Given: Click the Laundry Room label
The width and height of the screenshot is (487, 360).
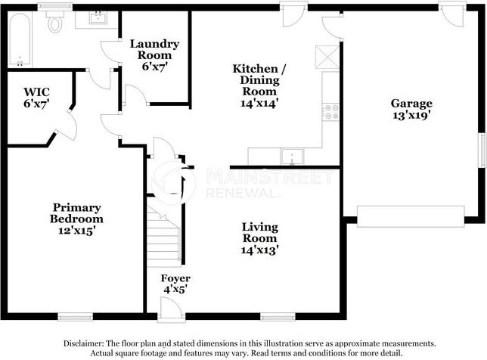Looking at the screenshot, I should point(154,50).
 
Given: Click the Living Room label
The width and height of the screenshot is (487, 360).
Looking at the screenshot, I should point(259,232).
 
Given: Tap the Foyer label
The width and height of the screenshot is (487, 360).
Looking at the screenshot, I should point(175,278).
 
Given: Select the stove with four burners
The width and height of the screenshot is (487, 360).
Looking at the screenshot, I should point(330,113).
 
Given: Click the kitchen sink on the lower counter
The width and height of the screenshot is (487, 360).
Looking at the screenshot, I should point(291,157).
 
